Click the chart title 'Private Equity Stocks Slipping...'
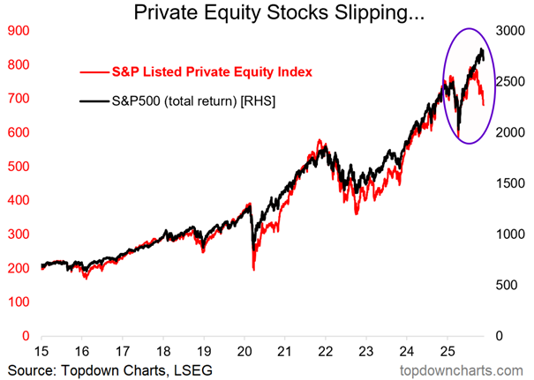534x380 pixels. pyautogui.click(x=265, y=13)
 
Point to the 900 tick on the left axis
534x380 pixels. pyautogui.click(x=19, y=31)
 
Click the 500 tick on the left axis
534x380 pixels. pyautogui.click(x=19, y=167)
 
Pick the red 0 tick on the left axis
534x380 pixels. pyautogui.click(x=26, y=336)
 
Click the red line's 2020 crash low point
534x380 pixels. pyautogui.click(x=254, y=268)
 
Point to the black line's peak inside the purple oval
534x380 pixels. pyautogui.click(x=480, y=49)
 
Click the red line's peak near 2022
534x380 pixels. pyautogui.click(x=319, y=140)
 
